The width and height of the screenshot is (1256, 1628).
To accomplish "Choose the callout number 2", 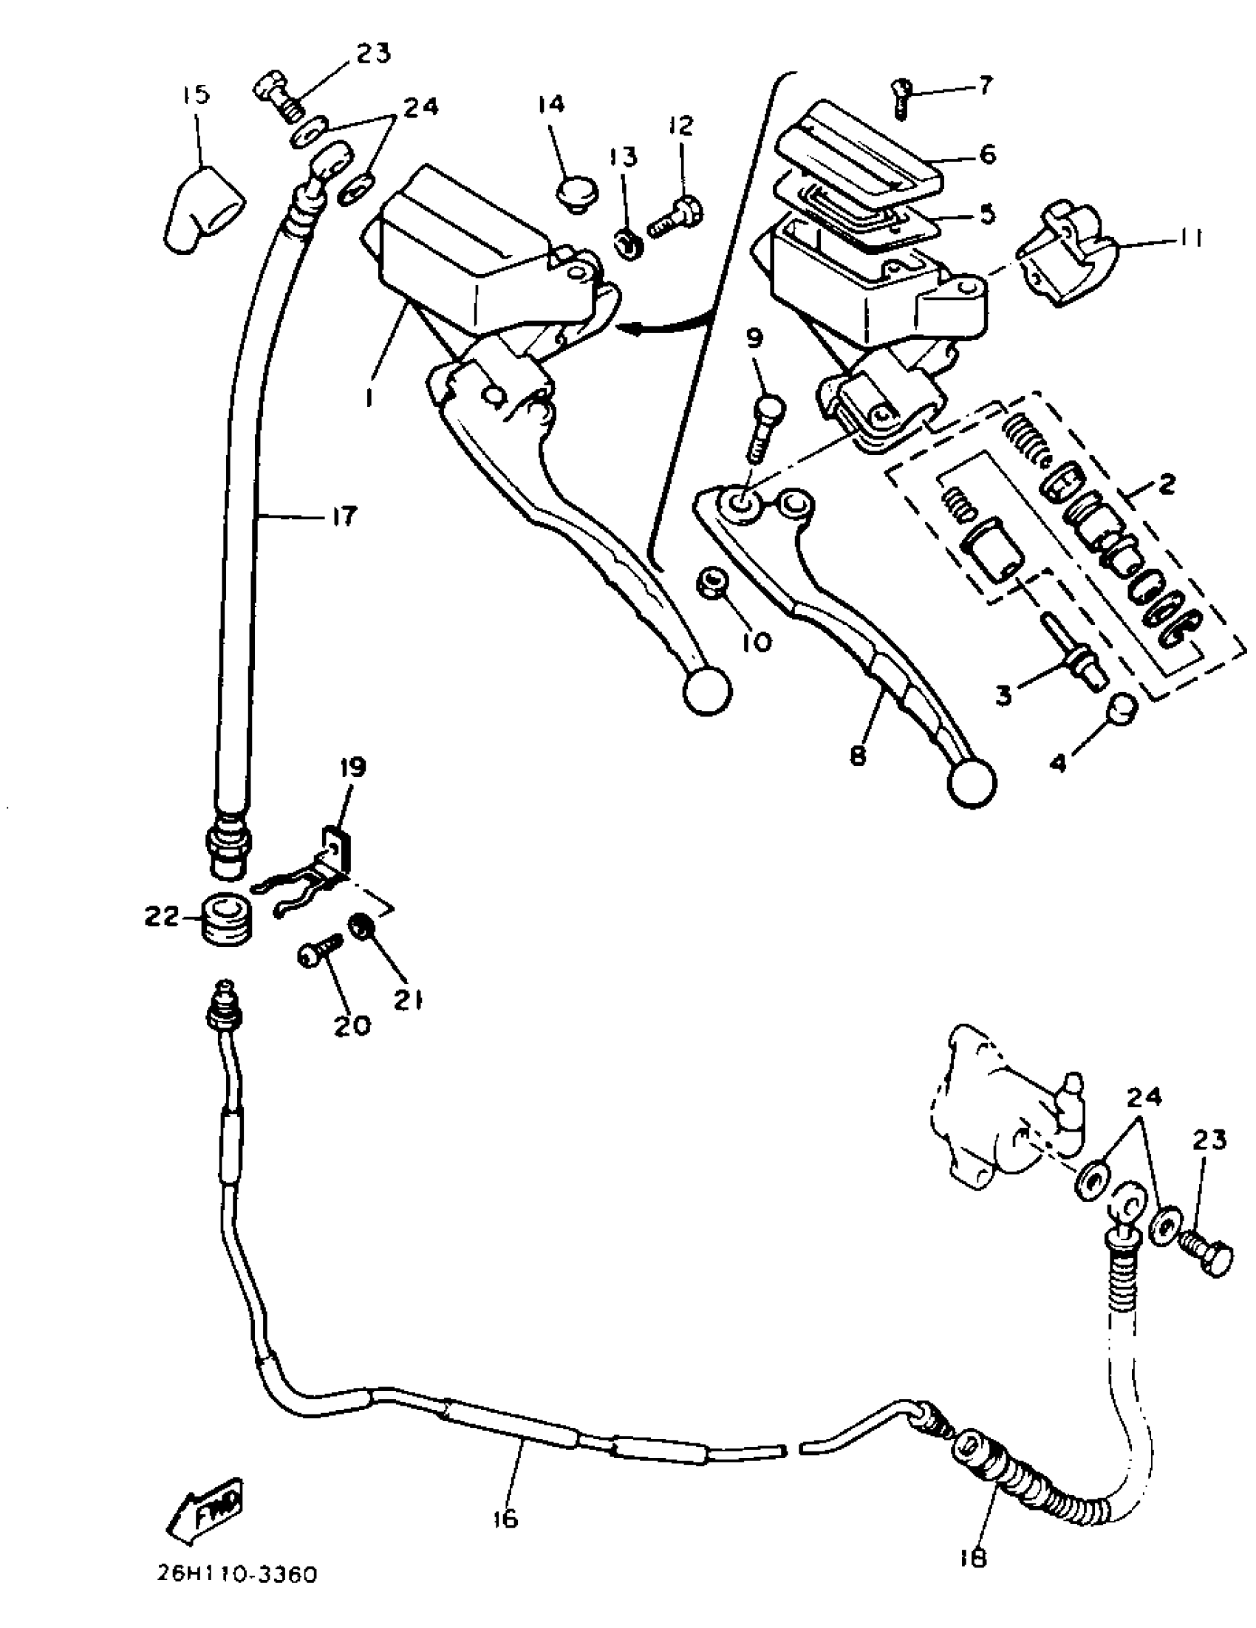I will tap(1167, 485).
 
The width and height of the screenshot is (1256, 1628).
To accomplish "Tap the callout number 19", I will tap(354, 767).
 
